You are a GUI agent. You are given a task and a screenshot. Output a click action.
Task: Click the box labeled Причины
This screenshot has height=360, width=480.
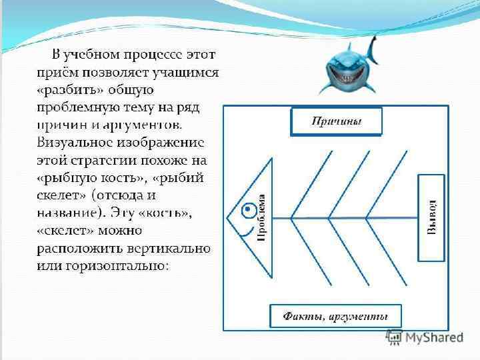point(336,121)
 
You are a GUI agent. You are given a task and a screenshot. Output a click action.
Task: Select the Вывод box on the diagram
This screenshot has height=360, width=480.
point(431,217)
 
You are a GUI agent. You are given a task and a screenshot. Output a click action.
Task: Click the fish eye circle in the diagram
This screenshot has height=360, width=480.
point(247,207)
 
